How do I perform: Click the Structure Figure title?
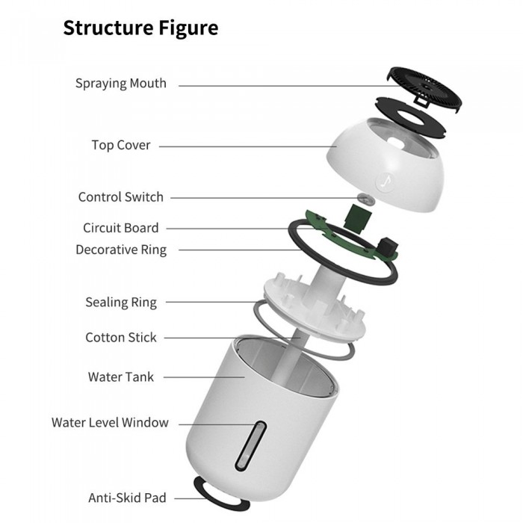pyautogui.click(x=140, y=28)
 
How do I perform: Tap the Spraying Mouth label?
pyautogui.click(x=120, y=83)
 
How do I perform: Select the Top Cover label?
pyautogui.click(x=121, y=145)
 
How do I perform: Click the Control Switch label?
pyautogui.click(x=120, y=197)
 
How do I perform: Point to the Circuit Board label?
pyautogui.click(x=120, y=228)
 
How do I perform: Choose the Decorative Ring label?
pyautogui.click(x=121, y=250)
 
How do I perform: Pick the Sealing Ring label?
pyautogui.click(x=121, y=303)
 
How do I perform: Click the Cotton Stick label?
pyautogui.click(x=121, y=338)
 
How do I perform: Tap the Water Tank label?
pyautogui.click(x=121, y=377)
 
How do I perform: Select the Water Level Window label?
pyautogui.click(x=110, y=423)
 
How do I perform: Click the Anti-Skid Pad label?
pyautogui.click(x=127, y=497)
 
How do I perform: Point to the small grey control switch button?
pyautogui.click(x=365, y=199)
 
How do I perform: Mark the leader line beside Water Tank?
pyautogui.click(x=202, y=377)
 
